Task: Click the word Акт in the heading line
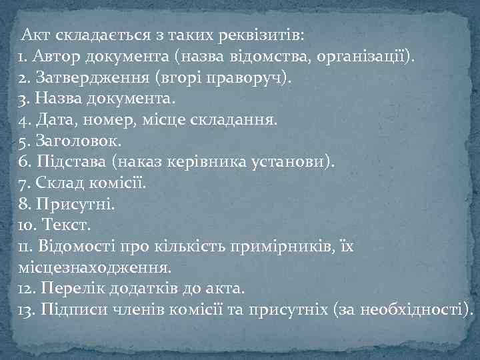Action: (34, 33)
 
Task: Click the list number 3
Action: (24, 99)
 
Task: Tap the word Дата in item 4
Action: (53, 121)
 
